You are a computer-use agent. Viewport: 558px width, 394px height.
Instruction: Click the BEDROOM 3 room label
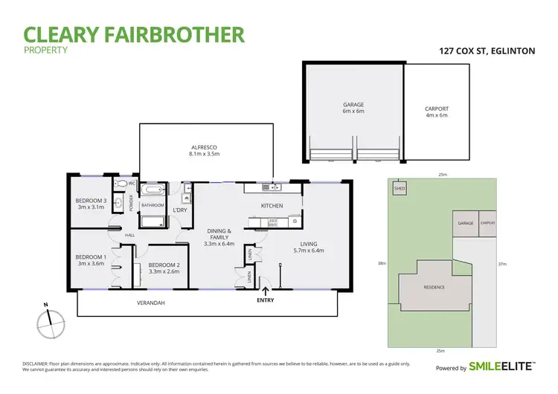(92, 201)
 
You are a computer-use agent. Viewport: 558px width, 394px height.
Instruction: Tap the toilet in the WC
(122, 183)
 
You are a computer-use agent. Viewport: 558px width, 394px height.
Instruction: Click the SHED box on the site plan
(400, 189)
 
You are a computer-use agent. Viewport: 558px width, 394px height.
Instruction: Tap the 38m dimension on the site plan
(382, 264)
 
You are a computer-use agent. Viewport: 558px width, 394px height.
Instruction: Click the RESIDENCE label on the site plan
(434, 287)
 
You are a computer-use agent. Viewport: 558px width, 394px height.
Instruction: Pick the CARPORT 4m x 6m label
(437, 112)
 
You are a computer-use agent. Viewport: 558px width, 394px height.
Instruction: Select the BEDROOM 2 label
(162, 265)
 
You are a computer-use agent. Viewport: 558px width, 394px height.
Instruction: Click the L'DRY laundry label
(179, 210)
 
